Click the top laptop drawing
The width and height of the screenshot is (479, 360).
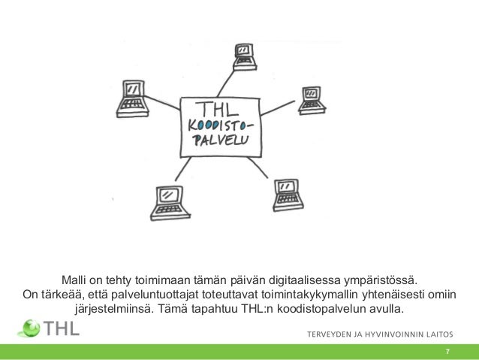pyautogui.click(x=245, y=55)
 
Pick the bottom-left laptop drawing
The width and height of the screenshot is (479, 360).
pyautogui.click(x=167, y=201)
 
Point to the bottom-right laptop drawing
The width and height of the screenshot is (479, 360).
pyautogui.click(x=287, y=194)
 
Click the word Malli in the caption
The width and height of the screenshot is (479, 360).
pyautogui.click(x=76, y=280)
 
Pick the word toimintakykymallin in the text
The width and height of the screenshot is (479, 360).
pyautogui.click(x=315, y=294)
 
